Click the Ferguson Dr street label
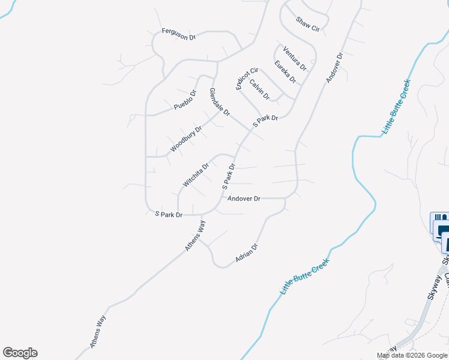point(179,34)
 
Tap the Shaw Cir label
point(308,24)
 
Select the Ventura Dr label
point(295,58)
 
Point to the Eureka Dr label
point(285,71)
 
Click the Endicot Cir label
point(246,79)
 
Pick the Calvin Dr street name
point(259,89)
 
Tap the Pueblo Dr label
point(185,100)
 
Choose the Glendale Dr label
point(220,101)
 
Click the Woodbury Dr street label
point(185,139)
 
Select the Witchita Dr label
point(196,175)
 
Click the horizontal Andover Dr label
point(244,199)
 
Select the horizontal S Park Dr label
point(169,214)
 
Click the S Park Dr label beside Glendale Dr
point(265,121)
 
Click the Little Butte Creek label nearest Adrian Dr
point(305,277)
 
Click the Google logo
point(20,353)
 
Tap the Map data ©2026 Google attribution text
point(411,355)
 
